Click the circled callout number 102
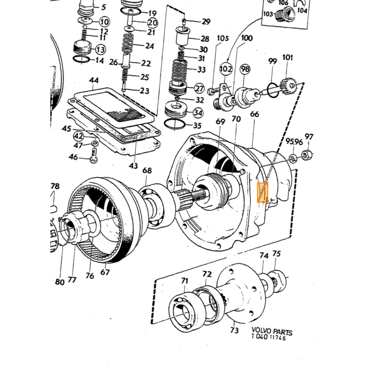(226, 69)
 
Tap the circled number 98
(245, 69)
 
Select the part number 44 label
(94, 81)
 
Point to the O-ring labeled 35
(174, 123)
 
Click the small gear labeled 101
(288, 86)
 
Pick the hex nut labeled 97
(306, 155)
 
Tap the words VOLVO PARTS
(272, 331)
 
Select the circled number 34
(198, 112)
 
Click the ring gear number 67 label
(105, 271)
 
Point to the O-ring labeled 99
(273, 90)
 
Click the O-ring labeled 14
(81, 59)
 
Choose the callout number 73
(234, 330)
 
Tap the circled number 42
(79, 137)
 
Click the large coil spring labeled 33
(179, 70)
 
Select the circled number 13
(101, 50)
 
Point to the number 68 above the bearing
(147, 170)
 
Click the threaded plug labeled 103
(285, 13)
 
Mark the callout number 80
(59, 281)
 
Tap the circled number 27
(199, 89)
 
